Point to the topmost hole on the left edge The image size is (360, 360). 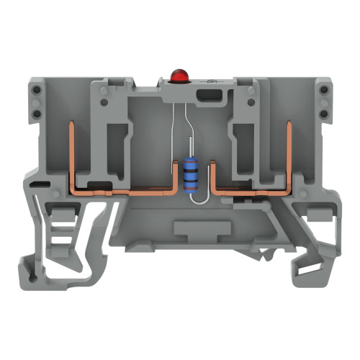(x=33, y=89)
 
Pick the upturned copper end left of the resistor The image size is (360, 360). (x=176, y=176)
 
